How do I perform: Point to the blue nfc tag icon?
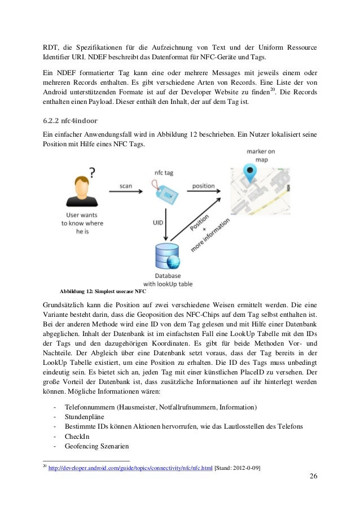[x=163, y=190]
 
